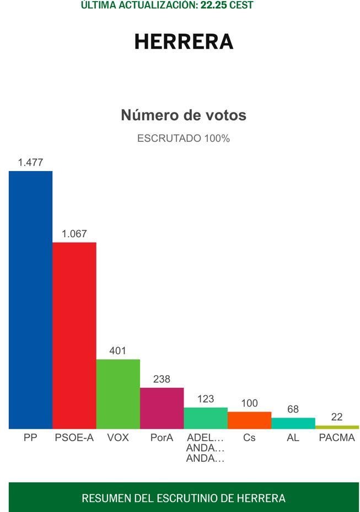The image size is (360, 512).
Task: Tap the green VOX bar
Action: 118,394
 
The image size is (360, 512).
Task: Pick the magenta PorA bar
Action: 162,408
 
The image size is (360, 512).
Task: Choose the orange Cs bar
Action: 249,420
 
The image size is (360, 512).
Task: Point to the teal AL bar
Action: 293,423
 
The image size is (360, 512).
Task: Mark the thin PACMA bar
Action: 337,427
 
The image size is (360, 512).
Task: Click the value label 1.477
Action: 30,162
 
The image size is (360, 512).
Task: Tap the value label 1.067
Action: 74,234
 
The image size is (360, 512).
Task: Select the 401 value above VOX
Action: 118,350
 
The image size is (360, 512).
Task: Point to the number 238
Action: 162,379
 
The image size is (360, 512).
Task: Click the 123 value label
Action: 206,398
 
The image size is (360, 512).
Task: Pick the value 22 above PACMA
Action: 337,417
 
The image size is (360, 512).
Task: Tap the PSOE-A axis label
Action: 74,438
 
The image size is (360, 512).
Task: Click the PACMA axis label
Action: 337,438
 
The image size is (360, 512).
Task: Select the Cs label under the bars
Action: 249,438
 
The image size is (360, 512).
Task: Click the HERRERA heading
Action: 184,42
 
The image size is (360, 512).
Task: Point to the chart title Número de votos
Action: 184,115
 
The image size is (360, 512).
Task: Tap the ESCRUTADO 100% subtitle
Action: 184,138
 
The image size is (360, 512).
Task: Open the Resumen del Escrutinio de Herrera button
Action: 184,498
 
